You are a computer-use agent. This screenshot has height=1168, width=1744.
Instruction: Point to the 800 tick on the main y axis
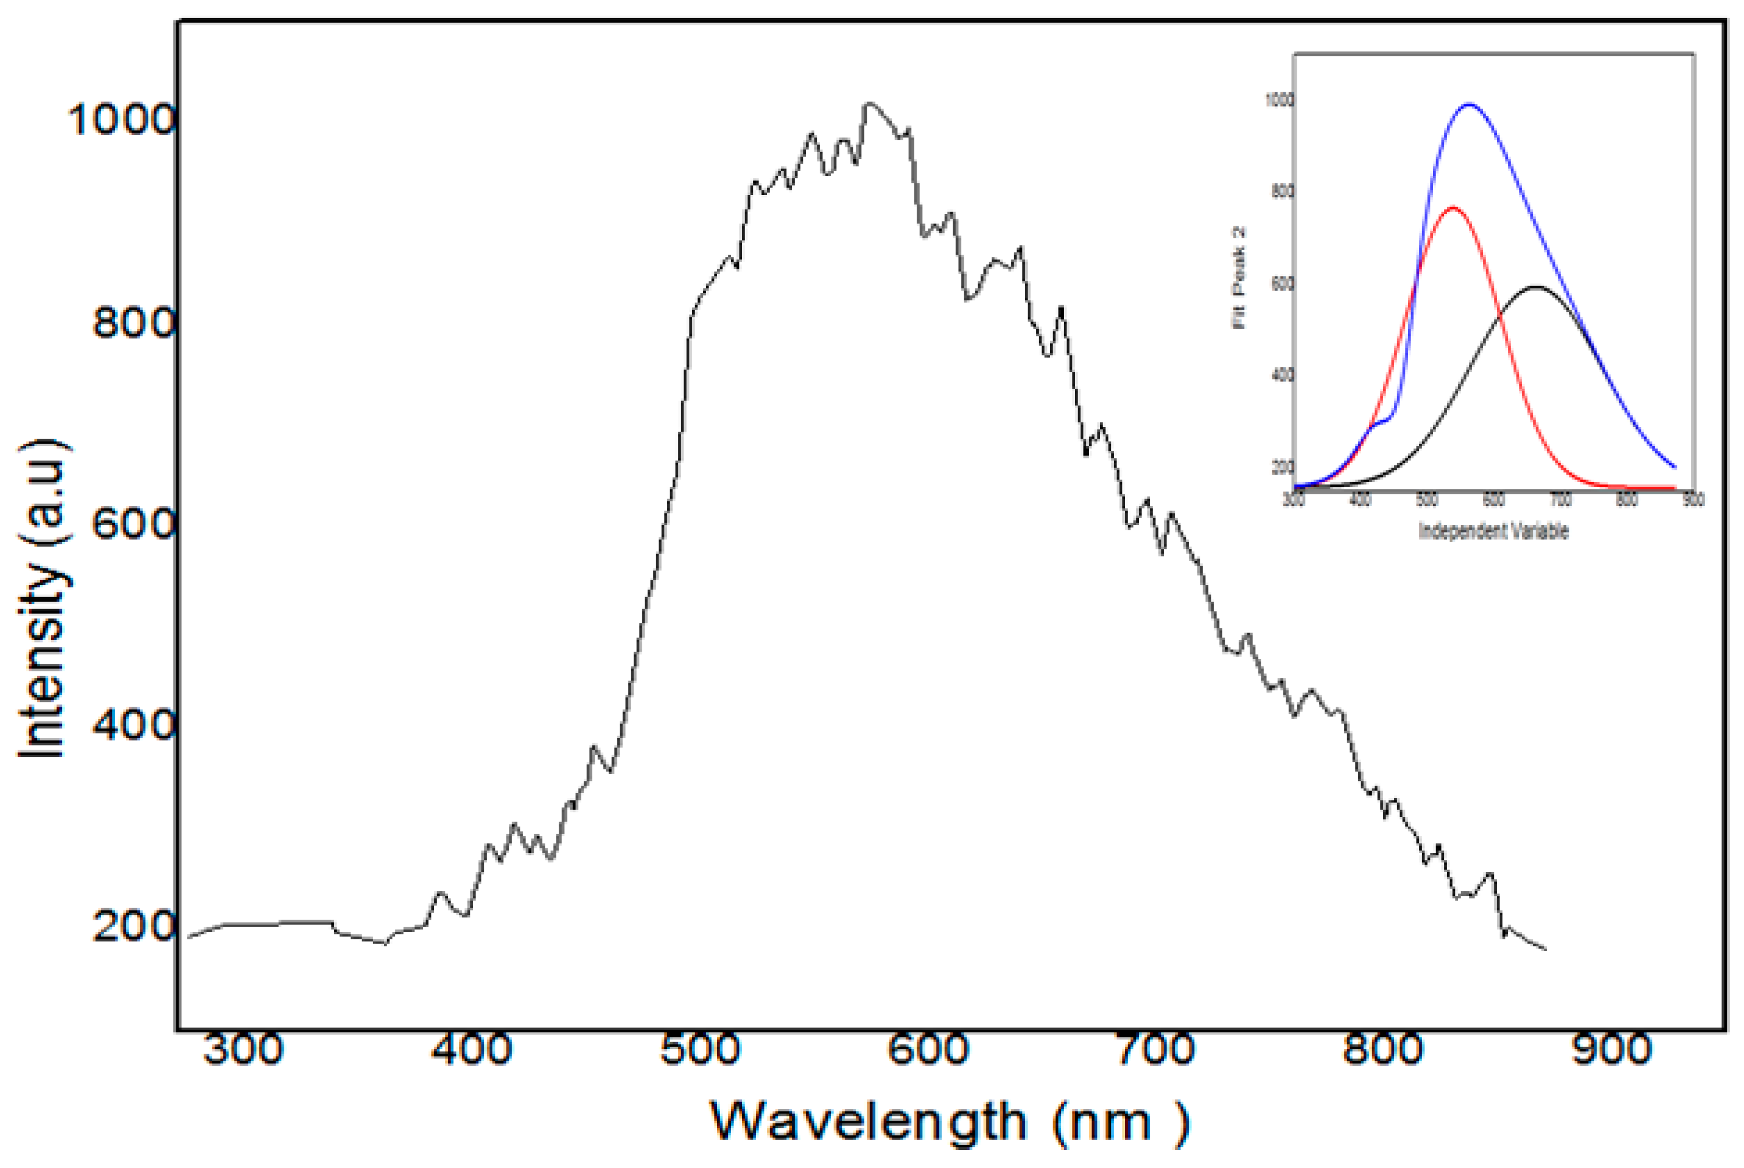[x=134, y=323]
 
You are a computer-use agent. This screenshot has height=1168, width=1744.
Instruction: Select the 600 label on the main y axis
[x=134, y=524]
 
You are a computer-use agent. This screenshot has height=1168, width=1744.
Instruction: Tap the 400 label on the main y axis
[x=134, y=725]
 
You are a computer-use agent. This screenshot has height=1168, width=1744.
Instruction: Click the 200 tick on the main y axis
[x=134, y=926]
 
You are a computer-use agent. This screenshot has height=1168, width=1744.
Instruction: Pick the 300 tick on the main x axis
[x=244, y=1050]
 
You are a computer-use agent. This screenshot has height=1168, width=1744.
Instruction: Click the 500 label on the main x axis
[x=700, y=1050]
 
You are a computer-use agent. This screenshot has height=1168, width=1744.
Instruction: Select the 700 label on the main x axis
[x=1156, y=1050]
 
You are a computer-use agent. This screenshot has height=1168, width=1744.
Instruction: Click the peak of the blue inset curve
[x=1468, y=104]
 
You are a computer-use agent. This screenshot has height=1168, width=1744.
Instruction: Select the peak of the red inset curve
[x=1452, y=208]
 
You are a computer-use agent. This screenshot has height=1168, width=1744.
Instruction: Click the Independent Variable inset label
[x=1493, y=531]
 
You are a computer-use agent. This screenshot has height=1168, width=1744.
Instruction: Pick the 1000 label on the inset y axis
[x=1279, y=100]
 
